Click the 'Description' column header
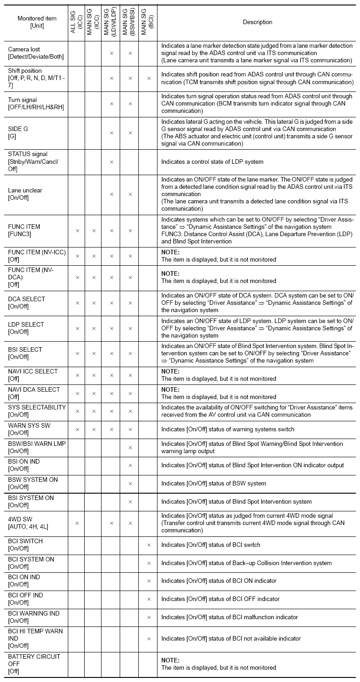[257, 22]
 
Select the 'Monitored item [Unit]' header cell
[34, 22]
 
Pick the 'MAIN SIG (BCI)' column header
[148, 22]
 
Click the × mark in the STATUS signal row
[111, 162]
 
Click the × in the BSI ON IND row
[130, 465]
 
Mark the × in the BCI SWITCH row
[148, 545]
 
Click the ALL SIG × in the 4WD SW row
[77, 523]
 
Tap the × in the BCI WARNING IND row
[148, 617]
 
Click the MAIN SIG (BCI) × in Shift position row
[148, 78]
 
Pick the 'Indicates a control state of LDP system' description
[212, 162]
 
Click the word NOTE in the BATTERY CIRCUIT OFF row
[170, 660]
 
